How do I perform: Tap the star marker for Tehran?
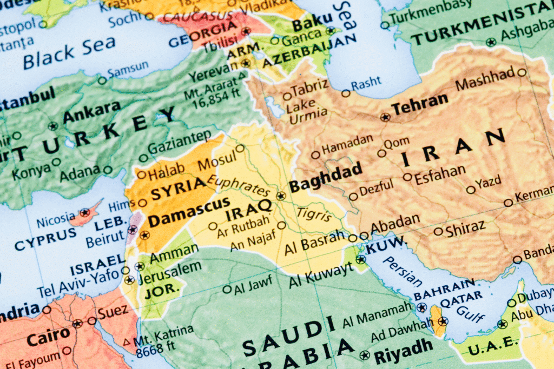pyautogui.click(x=385, y=117)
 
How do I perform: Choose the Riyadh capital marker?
pyautogui.click(x=365, y=355)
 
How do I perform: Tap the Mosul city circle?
pyautogui.click(x=240, y=147)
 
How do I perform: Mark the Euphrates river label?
pyautogui.click(x=238, y=186)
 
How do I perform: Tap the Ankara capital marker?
pyautogui.click(x=52, y=126)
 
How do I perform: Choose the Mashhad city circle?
pyautogui.click(x=522, y=72)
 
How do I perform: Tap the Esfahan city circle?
pyautogui.click(x=407, y=177)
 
